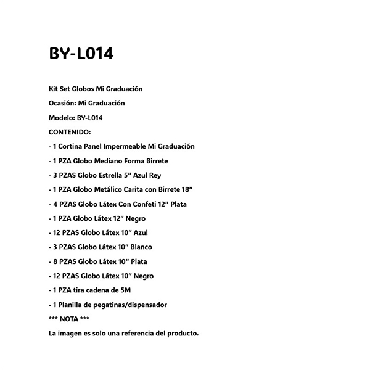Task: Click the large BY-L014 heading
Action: (81, 54)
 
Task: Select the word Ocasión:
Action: (62, 103)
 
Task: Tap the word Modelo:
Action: (61, 117)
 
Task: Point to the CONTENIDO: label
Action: (70, 132)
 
